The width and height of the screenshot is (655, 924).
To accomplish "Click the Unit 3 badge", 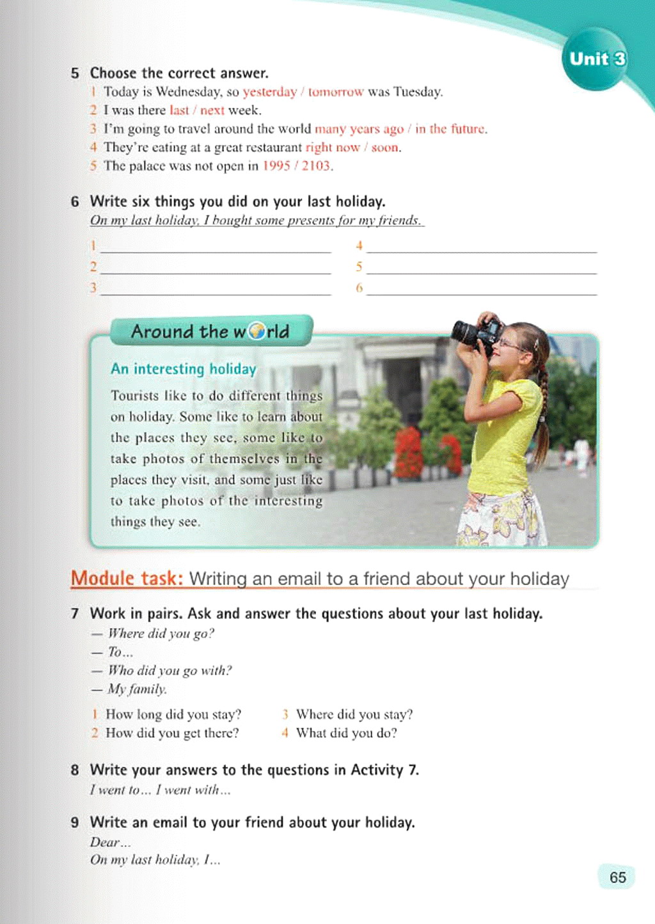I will click(x=597, y=59).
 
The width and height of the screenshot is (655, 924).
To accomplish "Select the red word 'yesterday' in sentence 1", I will click(x=270, y=92).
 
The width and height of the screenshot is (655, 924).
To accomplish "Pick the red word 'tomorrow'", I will click(x=336, y=92).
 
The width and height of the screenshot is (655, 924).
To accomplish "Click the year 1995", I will click(x=276, y=166).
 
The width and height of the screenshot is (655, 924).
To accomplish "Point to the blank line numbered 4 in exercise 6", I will click(x=481, y=246).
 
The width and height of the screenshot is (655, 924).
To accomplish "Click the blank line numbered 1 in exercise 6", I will click(x=216, y=246).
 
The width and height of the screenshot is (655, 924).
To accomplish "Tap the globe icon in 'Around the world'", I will click(x=256, y=331).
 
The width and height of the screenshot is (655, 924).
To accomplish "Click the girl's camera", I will click(x=477, y=333).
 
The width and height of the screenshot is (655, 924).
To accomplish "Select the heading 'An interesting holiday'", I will click(x=184, y=369).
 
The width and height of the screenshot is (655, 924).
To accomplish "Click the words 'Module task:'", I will click(x=127, y=578).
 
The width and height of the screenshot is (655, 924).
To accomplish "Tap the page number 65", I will click(x=617, y=877).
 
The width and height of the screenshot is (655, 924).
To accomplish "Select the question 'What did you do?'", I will click(x=346, y=733).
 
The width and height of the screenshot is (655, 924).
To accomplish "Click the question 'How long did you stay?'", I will click(x=173, y=714).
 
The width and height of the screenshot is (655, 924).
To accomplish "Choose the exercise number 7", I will click(x=75, y=614).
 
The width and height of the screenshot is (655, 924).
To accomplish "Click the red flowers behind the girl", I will click(x=409, y=451).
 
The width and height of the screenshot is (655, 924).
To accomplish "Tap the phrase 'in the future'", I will click(x=450, y=129).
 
